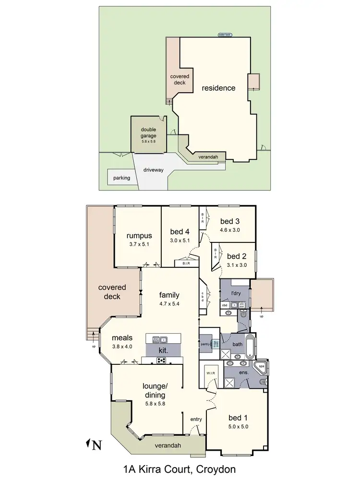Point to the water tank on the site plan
[x=225, y=35]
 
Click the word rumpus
[x=139, y=236]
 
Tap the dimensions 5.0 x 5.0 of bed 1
[x=239, y=426]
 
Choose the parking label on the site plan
[x=121, y=178]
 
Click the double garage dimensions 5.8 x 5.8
[x=149, y=141]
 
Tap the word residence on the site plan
[x=218, y=88]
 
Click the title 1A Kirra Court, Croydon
[x=180, y=468]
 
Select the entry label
[x=196, y=419]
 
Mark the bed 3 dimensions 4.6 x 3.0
[x=230, y=229]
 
